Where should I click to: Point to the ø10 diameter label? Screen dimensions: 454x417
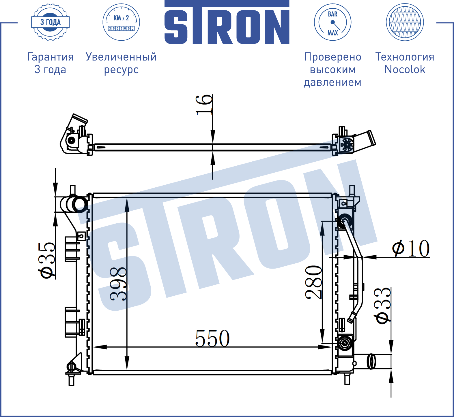(x=411, y=248)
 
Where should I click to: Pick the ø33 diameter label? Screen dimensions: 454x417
(x=383, y=306)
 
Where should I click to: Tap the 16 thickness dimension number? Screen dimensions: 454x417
(x=204, y=105)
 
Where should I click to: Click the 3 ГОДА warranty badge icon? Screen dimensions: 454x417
(x=51, y=22)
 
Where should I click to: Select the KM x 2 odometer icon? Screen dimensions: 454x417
(x=121, y=22)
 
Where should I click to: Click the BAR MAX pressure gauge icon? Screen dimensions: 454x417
(x=333, y=22)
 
